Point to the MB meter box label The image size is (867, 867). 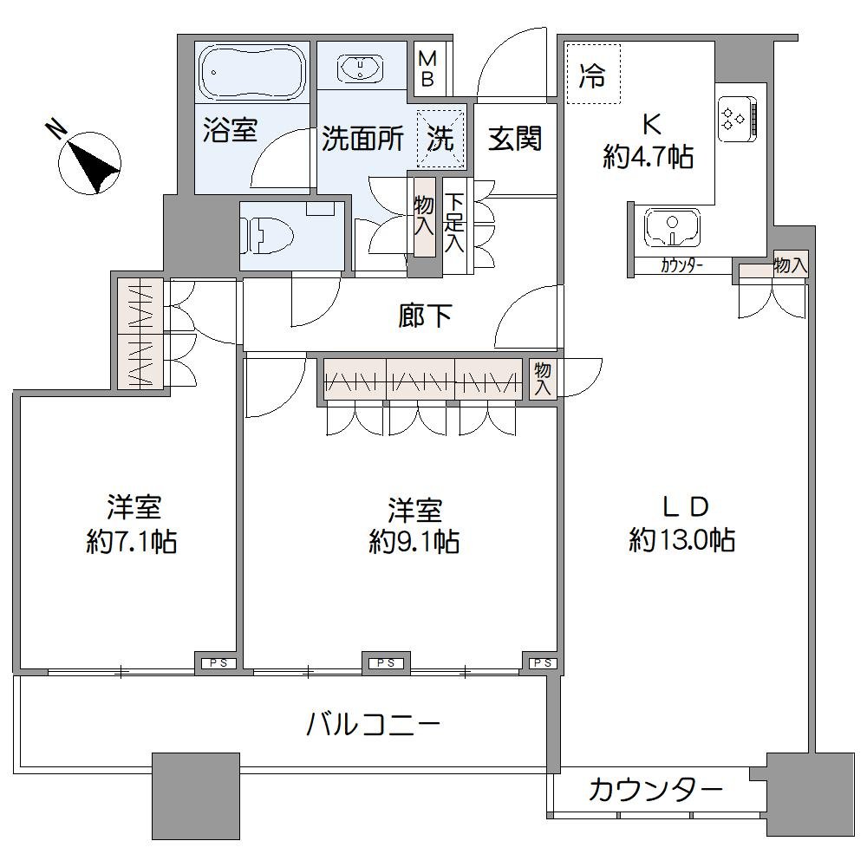(x=428, y=68)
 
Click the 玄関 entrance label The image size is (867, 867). (x=515, y=138)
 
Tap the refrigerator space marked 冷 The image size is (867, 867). (x=593, y=76)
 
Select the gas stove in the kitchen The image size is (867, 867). (x=740, y=116)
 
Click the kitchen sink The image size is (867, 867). (x=672, y=228)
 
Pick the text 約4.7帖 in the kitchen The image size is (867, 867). (x=648, y=158)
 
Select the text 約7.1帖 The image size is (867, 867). (x=133, y=543)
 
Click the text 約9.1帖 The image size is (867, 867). (x=414, y=543)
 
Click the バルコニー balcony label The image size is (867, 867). (x=374, y=723)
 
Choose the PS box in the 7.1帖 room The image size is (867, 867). (x=214, y=664)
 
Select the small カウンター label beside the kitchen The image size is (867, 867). (x=681, y=266)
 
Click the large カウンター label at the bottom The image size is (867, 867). (x=655, y=790)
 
